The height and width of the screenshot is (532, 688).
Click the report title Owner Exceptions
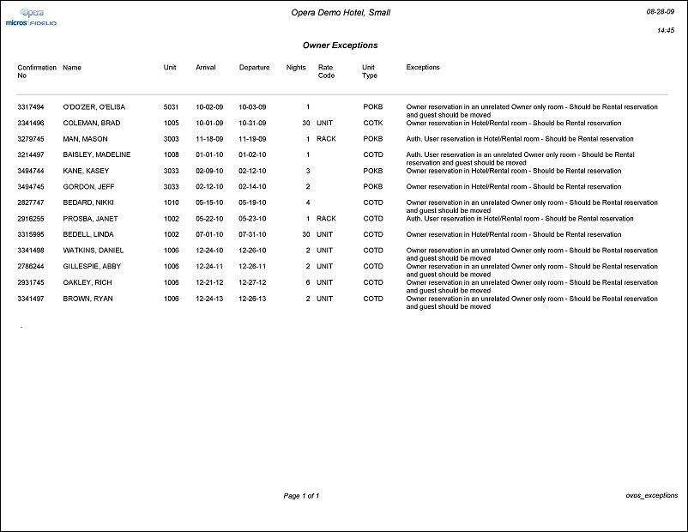pos(340,45)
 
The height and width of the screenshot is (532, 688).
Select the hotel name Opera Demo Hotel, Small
pos(341,13)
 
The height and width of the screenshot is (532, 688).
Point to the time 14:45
pos(665,30)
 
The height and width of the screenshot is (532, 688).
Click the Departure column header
pos(254,67)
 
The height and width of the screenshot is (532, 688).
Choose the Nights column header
pos(296,67)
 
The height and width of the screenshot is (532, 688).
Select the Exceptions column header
pos(423,67)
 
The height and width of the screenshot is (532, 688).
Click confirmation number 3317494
pos(32,107)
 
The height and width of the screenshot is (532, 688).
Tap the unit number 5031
pos(171,107)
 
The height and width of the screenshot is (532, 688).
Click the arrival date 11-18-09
pos(209,139)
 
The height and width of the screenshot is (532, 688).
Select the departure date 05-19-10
pos(252,203)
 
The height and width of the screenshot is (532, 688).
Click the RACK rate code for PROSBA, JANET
pos(326,219)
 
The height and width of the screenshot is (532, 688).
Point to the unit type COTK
pos(372,124)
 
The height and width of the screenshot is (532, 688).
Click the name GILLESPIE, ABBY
pos(92,267)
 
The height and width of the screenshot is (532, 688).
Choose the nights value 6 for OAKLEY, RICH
pos(307,282)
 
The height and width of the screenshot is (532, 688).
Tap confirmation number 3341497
pos(32,299)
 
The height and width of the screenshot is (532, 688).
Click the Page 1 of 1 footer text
pos(301,496)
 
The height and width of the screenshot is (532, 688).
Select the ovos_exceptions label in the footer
pos(652,495)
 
